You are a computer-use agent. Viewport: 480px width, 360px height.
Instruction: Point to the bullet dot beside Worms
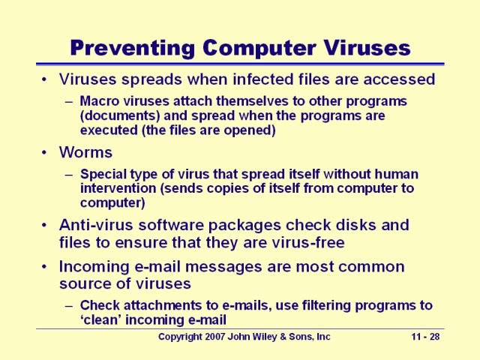[x=46, y=152]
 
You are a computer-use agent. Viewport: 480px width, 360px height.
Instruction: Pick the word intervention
[x=118, y=188]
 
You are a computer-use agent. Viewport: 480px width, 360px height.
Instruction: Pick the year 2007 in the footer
[x=226, y=337]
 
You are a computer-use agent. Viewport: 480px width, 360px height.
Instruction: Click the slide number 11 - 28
[x=426, y=337]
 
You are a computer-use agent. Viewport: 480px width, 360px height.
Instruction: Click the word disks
[x=370, y=225]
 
